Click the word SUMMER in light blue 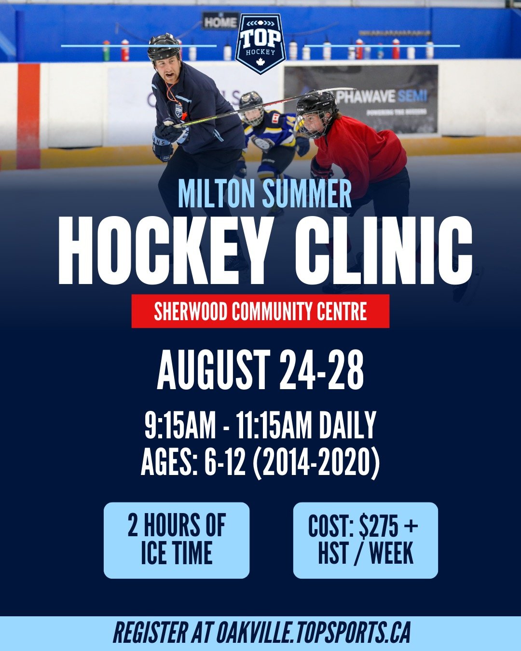coord(307,194)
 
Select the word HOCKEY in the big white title coord(164,251)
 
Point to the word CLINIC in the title coord(384,251)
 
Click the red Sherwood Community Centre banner coord(260,312)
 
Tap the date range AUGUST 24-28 coord(260,370)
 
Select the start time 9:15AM coord(180,425)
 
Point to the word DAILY coord(347,425)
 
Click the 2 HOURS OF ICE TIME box coord(177,540)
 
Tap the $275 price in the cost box coord(379,526)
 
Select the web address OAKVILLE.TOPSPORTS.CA coord(314,633)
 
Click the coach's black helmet coord(164,46)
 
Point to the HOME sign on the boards coord(220,22)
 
